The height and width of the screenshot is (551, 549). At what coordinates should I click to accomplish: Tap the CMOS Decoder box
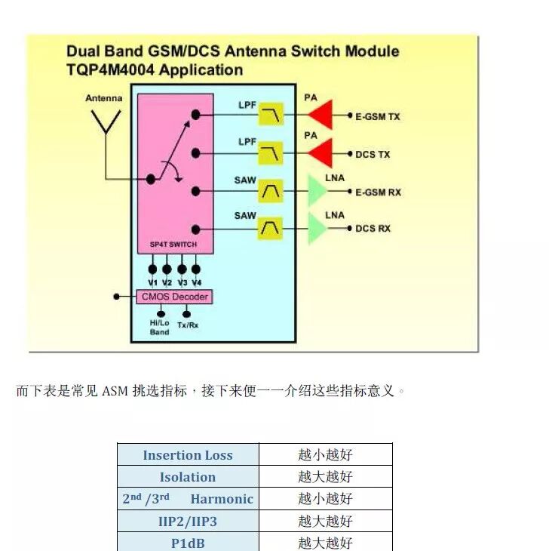[x=174, y=297]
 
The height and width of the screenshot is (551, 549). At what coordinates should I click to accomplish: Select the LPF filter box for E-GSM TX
[x=271, y=115]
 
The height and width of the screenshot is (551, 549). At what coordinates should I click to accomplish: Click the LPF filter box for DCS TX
[x=271, y=153]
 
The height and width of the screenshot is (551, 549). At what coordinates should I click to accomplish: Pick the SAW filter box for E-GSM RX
[x=271, y=191]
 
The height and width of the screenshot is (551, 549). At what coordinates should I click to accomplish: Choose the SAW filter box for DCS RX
[x=271, y=226]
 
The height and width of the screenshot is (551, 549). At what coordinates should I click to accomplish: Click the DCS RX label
[x=373, y=228]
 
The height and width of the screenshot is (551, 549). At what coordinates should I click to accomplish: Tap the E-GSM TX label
[x=378, y=117]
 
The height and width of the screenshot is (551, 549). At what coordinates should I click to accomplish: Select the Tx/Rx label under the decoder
[x=187, y=325]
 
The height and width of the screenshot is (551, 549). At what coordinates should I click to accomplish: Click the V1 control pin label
[x=153, y=283]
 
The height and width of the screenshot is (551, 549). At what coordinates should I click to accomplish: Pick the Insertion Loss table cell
[x=188, y=455]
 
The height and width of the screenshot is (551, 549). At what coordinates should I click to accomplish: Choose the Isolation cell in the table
[x=188, y=477]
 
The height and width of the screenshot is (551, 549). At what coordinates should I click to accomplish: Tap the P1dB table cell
[x=188, y=543]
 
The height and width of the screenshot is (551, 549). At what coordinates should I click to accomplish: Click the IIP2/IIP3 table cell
[x=188, y=521]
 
